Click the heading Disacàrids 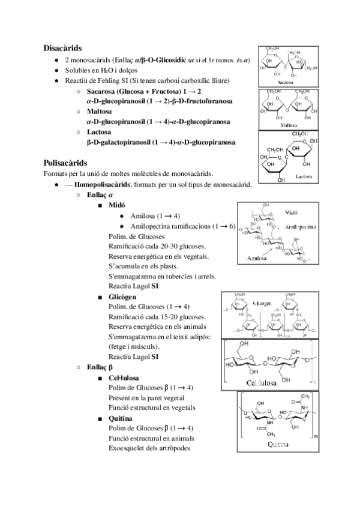click(62, 47)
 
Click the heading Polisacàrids click(65, 163)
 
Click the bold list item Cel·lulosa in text click(124, 378)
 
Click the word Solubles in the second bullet click(77, 70)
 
